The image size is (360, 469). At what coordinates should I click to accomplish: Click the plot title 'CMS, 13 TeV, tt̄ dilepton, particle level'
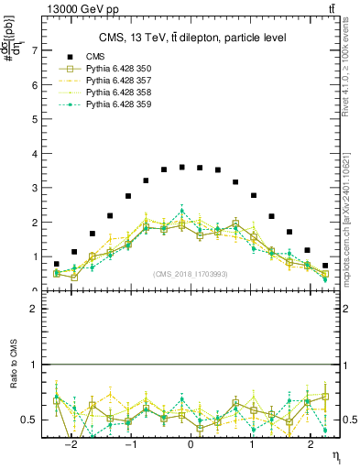[192, 38]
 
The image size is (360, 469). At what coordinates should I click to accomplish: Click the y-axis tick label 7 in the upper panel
[35, 51]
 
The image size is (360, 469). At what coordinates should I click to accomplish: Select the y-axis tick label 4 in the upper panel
[35, 154]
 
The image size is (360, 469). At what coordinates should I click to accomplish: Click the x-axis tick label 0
[191, 445]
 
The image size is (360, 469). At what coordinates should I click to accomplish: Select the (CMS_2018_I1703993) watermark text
[190, 274]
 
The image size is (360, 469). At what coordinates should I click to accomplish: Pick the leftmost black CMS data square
[57, 264]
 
